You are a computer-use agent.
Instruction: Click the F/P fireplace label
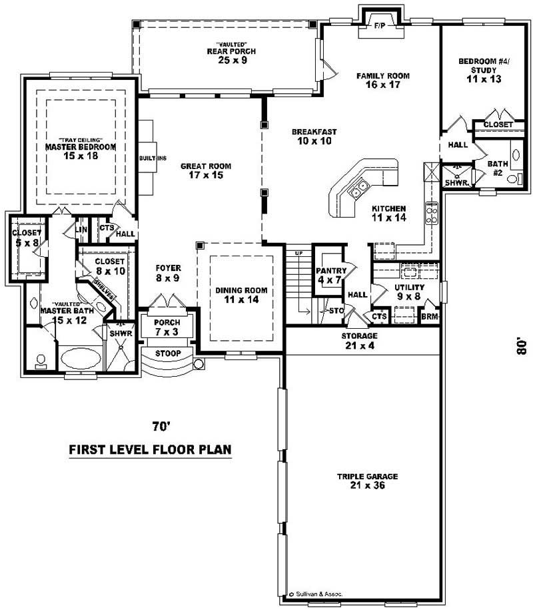[380, 26]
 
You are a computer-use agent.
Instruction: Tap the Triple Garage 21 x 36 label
[367, 481]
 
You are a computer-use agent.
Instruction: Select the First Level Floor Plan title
[151, 449]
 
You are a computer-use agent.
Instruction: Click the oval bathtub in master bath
[80, 358]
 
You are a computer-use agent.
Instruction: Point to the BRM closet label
[430, 317]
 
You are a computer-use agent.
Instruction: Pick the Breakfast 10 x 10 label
[314, 136]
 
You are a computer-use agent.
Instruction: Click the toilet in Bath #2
[512, 178]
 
